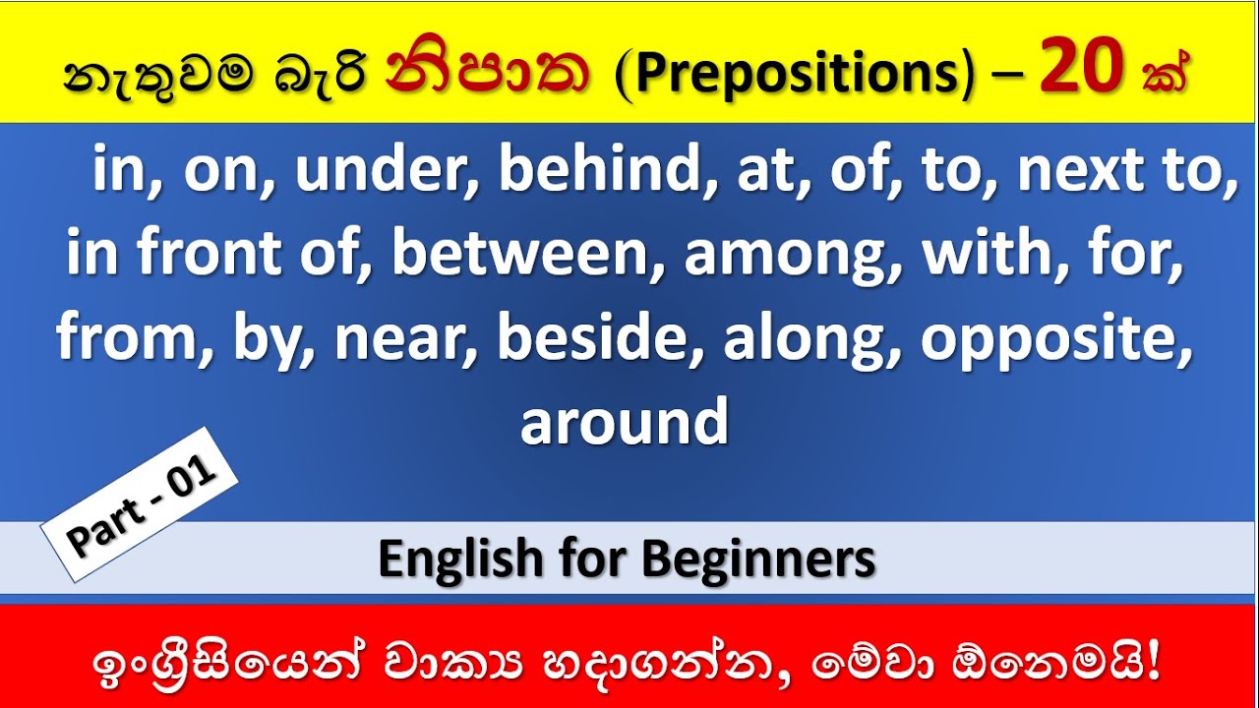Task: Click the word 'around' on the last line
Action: point(624,423)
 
